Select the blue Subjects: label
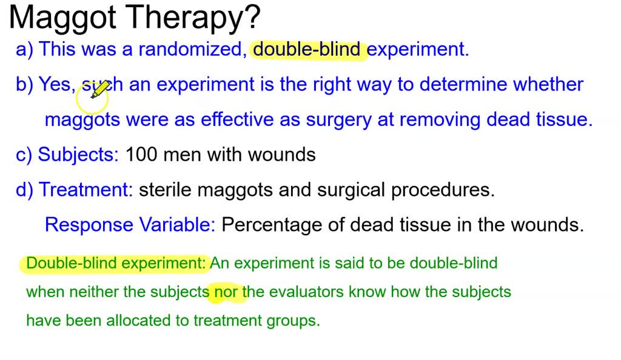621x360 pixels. [78, 155]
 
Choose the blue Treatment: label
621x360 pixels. [86, 190]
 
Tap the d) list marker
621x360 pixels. [24, 190]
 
